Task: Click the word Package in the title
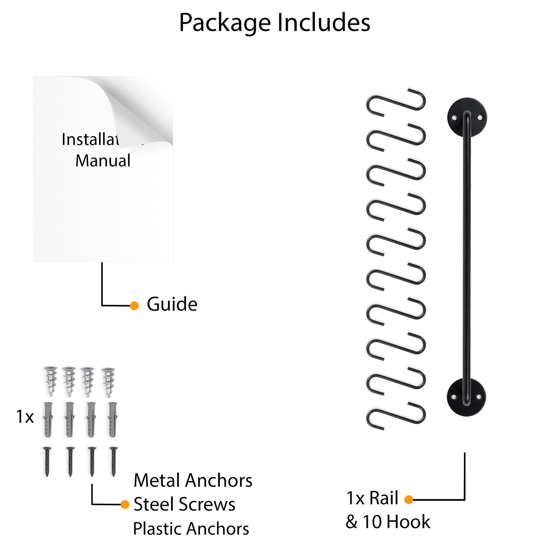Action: pos(225,23)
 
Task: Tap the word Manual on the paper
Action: pos(103,161)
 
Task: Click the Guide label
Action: pos(172,304)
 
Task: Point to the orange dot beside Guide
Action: pos(134,306)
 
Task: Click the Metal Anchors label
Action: pos(193,480)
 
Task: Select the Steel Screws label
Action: pos(184,504)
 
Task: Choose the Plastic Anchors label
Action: pos(191,528)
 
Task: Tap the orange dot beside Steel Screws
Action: pos(125,504)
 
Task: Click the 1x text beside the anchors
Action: pos(25,417)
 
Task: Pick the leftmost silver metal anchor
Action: pos(50,382)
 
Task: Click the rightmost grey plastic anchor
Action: pos(113,419)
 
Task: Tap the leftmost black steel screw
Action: pos(47,461)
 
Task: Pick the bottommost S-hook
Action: pos(396,415)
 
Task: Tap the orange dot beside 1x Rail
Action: pos(409,500)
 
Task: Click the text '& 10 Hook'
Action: pos(388,522)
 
